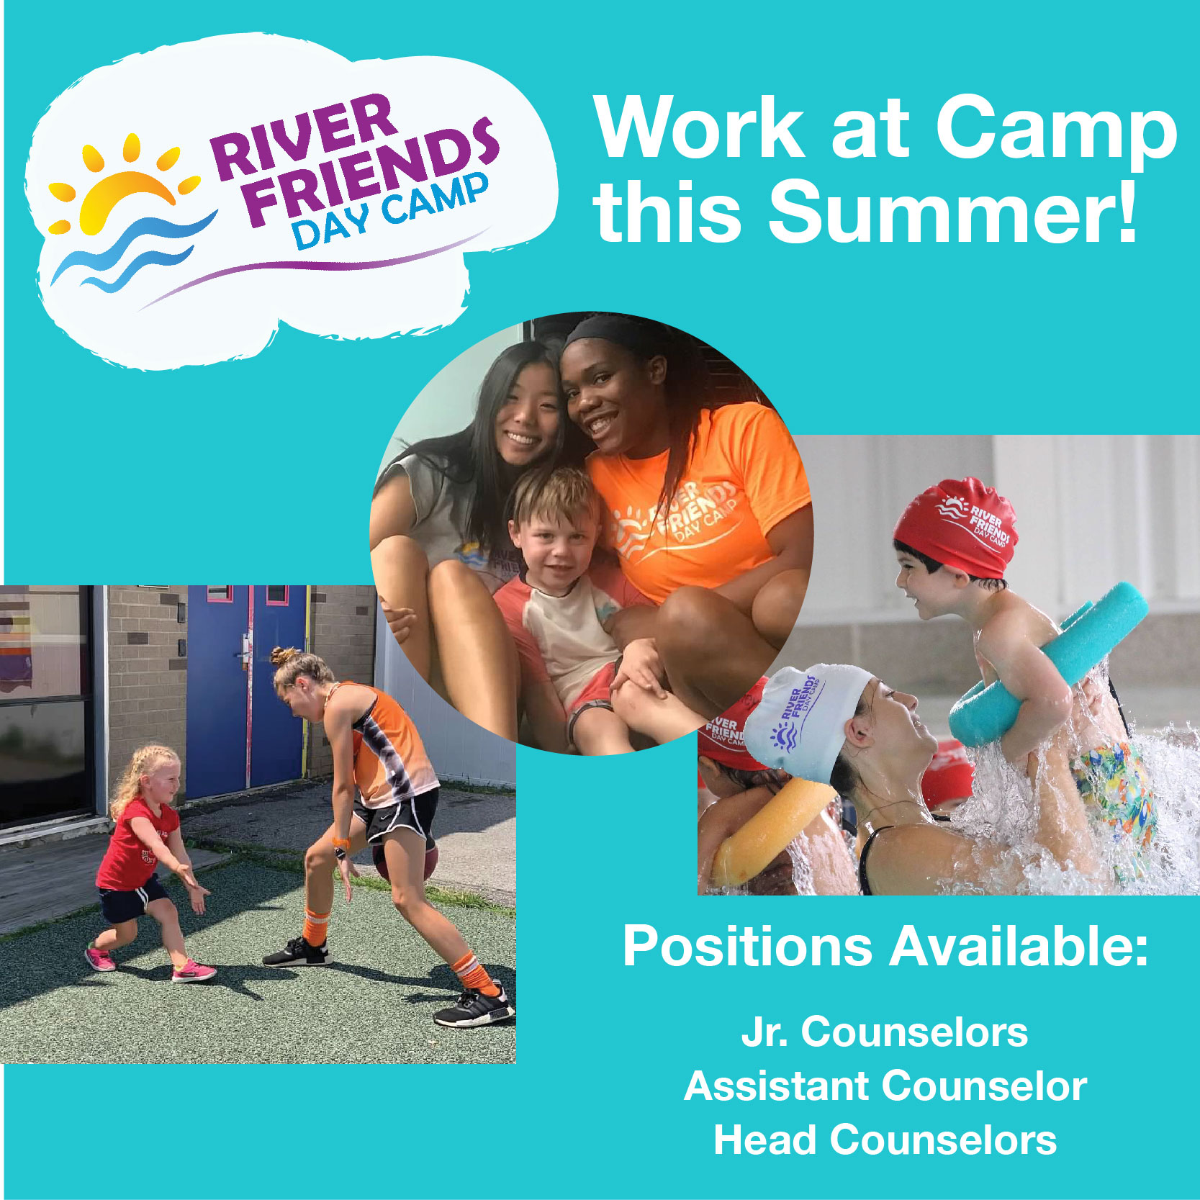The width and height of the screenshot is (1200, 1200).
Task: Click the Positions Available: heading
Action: pyautogui.click(x=885, y=946)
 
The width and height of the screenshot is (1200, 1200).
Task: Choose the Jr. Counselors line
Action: pyautogui.click(x=885, y=1031)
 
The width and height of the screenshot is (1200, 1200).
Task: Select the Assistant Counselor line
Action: pyautogui.click(x=885, y=1086)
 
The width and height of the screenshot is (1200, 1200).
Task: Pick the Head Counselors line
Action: pyautogui.click(x=885, y=1140)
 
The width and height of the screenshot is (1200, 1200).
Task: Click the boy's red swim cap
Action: pyautogui.click(x=957, y=525)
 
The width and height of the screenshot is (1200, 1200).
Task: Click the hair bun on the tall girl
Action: pyautogui.click(x=284, y=656)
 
